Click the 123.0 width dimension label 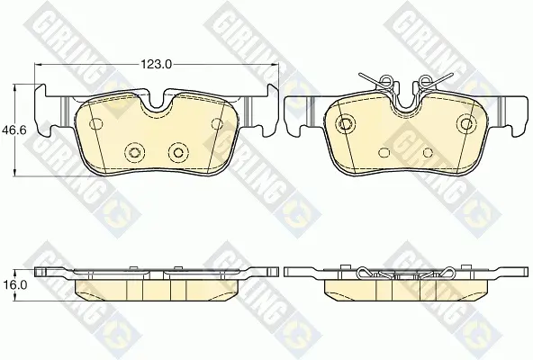(157, 64)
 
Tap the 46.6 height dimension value (14, 130)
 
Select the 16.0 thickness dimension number (14, 284)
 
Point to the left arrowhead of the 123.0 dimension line (38, 64)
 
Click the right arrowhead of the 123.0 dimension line (276, 64)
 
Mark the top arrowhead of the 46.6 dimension (14, 87)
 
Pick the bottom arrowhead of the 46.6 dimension (14, 173)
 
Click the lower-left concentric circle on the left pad (134, 152)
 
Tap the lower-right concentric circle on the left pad (178, 152)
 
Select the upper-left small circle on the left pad (95, 123)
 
